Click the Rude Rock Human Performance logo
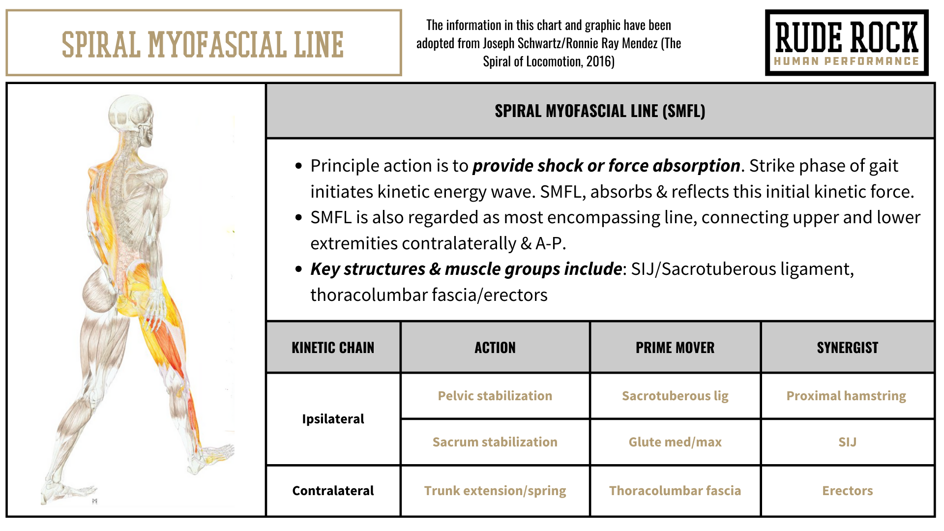(x=847, y=43)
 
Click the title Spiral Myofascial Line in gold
(x=203, y=44)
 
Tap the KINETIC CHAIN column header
(x=333, y=348)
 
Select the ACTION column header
(x=495, y=348)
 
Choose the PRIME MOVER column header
(x=675, y=348)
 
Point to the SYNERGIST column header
(x=848, y=348)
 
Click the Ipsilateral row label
(x=333, y=419)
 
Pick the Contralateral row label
(x=333, y=491)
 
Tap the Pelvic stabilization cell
(x=495, y=396)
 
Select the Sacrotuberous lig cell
(x=675, y=396)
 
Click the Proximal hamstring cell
(x=846, y=396)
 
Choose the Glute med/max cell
(x=675, y=442)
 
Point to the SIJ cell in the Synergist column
(x=848, y=442)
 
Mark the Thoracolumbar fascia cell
(x=675, y=491)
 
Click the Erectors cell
(x=848, y=491)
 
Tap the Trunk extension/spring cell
(x=495, y=491)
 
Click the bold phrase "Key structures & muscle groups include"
(x=466, y=269)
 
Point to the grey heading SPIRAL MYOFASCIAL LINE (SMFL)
(x=600, y=111)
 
